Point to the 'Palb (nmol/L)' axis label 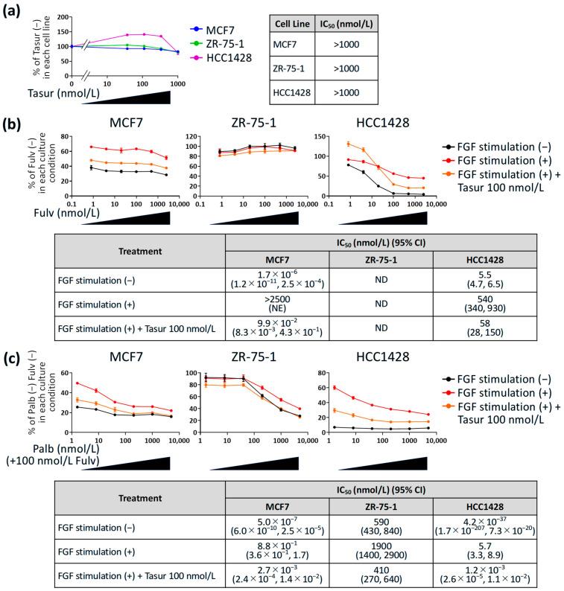tap(34, 450)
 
